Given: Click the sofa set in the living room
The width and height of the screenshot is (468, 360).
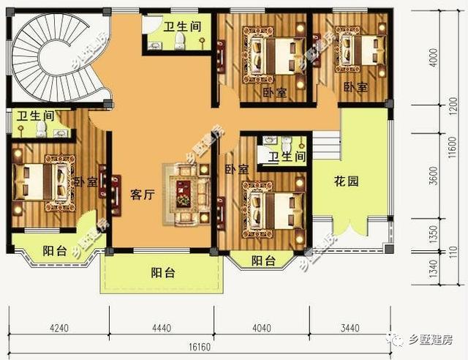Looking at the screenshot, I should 185,192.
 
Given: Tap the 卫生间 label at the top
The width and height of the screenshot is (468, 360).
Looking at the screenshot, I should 181,26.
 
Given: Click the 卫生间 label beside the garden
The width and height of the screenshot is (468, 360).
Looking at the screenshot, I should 286,157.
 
